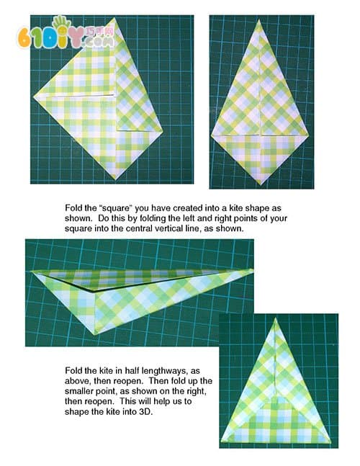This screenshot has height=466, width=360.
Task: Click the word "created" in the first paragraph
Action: pos(184,208)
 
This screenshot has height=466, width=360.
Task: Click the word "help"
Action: pos(161,401)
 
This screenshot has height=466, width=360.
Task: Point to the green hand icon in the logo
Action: pos(60,24)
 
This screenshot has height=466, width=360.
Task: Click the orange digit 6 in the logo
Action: pos(24,38)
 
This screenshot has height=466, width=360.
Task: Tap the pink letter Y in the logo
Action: pos(77,37)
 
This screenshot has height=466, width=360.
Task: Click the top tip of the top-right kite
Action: pos(259,20)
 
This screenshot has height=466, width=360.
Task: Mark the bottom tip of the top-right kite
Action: pos(261,184)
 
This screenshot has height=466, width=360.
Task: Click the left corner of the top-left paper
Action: pos(34,96)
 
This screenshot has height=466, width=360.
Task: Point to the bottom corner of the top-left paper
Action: pos(115,179)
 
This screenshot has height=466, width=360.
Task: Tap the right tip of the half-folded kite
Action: pos(253,270)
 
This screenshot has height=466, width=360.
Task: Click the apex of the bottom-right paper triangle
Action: pos(275,318)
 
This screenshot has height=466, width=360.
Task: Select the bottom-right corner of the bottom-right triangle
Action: pos(330,442)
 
